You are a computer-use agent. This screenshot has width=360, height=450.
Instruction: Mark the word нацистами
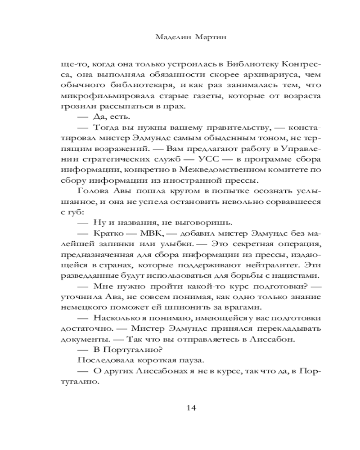[x=294, y=275]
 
